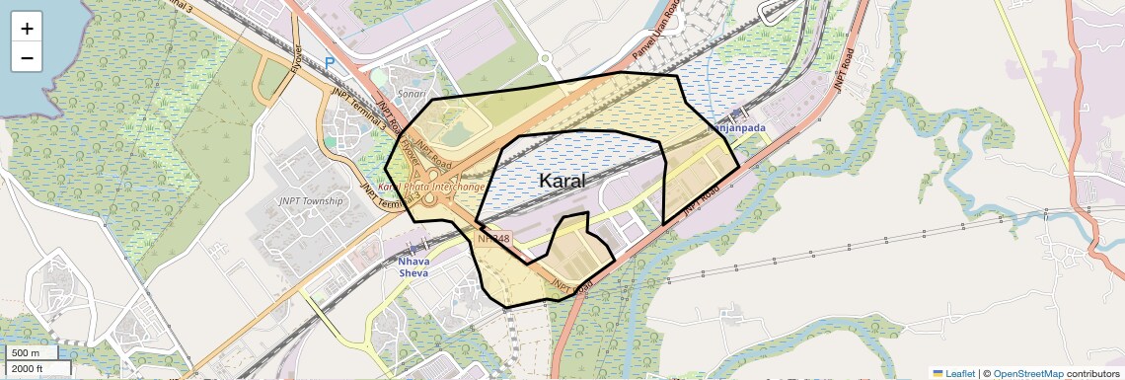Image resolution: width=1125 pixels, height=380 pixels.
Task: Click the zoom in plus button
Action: pos(27,29)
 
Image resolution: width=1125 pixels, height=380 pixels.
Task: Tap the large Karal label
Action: pos(562,181)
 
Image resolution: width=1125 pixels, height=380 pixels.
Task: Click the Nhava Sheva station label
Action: pos(413,266)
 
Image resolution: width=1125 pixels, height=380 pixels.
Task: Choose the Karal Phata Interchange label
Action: pos(431,187)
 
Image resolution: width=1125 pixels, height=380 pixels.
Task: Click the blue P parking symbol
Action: pos(330,62)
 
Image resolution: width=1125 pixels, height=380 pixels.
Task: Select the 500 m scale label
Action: pos(26,353)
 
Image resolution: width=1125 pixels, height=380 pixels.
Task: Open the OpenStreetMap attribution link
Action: pos(1028,373)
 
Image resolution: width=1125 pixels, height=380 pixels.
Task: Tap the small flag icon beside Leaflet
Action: pos(938,373)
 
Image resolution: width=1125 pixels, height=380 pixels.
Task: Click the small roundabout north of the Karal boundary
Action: pos(544,58)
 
